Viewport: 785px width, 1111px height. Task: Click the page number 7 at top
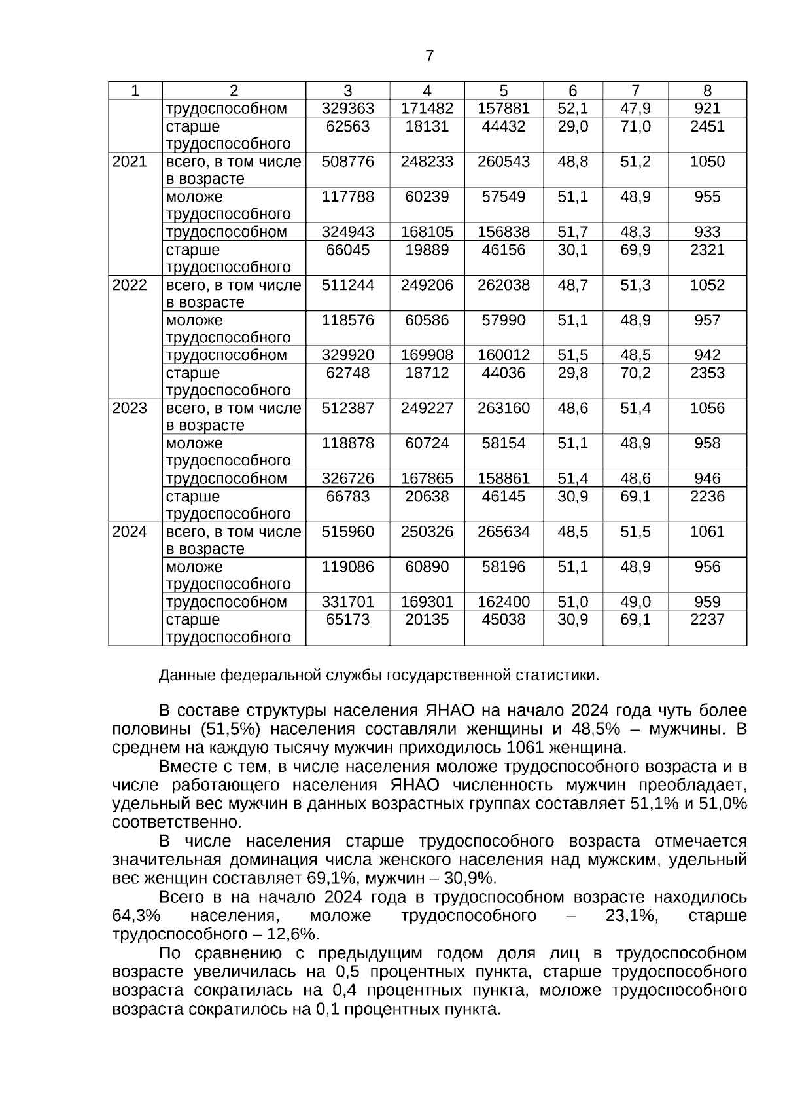429,56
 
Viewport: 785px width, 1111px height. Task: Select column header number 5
503,91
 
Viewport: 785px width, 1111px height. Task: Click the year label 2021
130,162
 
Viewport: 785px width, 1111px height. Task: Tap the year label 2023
130,408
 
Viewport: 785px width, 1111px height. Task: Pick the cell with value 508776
347,162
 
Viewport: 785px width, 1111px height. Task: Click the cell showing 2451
707,126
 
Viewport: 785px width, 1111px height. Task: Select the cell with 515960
347,532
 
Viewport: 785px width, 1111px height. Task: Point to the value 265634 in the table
503,532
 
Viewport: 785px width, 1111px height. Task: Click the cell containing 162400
503,602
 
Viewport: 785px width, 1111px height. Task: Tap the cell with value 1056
707,408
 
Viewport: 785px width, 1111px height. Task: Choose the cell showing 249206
427,285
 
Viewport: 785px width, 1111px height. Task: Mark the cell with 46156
503,250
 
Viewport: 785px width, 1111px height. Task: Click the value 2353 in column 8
707,373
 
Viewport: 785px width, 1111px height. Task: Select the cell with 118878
347,443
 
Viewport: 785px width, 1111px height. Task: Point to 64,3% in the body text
137,915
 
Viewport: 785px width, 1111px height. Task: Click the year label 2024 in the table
130,532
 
